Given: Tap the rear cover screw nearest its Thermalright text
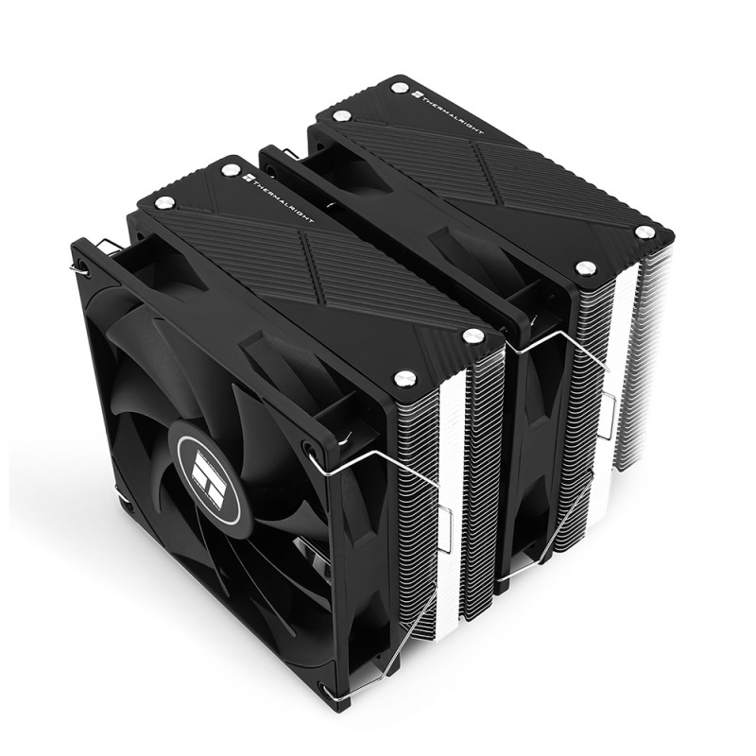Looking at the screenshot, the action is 399,88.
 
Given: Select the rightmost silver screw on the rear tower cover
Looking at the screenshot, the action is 643,232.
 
